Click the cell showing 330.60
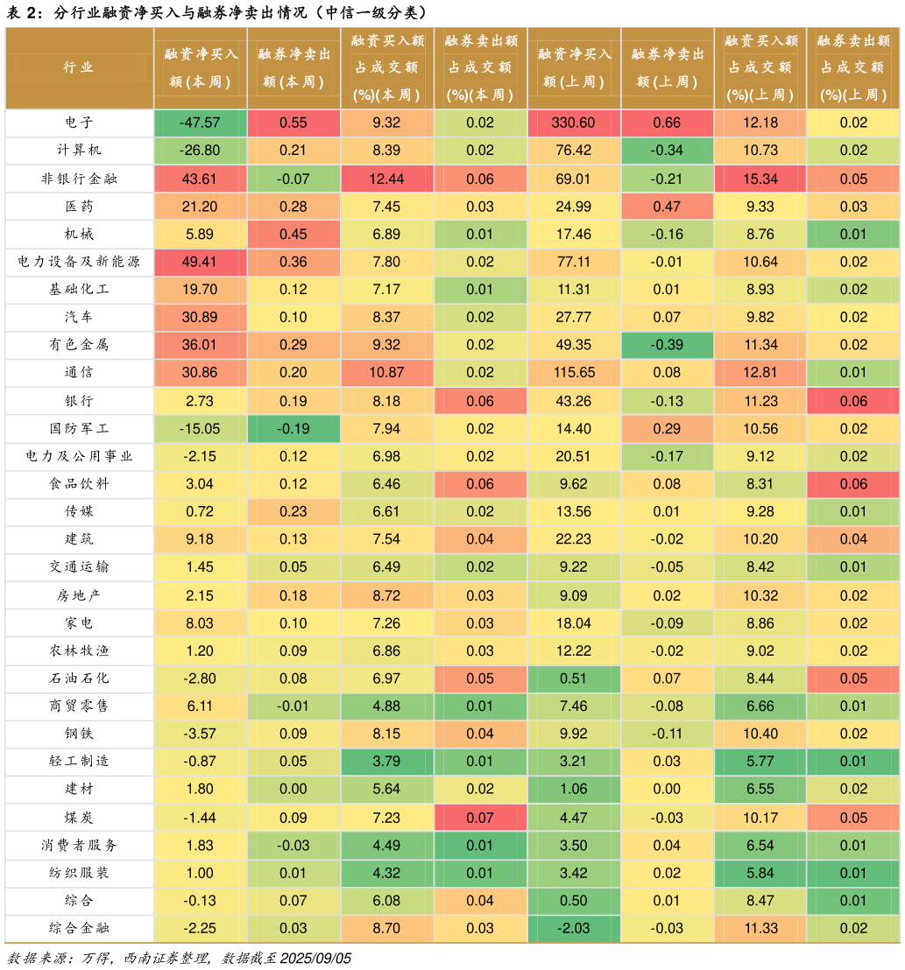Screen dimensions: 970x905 click(x=574, y=123)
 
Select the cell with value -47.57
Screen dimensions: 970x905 click(x=200, y=123)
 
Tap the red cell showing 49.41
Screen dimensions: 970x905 click(x=200, y=262)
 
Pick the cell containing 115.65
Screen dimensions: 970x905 click(x=574, y=372)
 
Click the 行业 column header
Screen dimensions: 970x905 click(x=79, y=67)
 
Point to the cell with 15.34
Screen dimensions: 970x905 click(x=760, y=179)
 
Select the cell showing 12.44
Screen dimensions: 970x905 click(x=386, y=179)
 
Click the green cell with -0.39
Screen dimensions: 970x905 click(x=667, y=345)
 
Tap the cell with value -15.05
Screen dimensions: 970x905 click(x=200, y=429)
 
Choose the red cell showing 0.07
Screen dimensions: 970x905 click(x=480, y=818)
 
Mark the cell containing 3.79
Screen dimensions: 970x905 click(x=386, y=762)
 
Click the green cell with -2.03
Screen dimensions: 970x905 click(x=574, y=928)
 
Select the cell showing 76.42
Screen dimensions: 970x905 click(x=574, y=151)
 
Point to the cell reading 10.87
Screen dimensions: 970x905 click(x=386, y=372)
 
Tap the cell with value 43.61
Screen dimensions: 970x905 click(x=200, y=179)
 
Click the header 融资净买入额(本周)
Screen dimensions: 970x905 click(x=200, y=67)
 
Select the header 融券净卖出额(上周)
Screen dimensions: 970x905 click(x=667, y=67)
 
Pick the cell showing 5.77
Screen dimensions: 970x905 click(x=760, y=762)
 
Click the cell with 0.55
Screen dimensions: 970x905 click(x=293, y=123)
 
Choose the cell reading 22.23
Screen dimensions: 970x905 click(x=574, y=539)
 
